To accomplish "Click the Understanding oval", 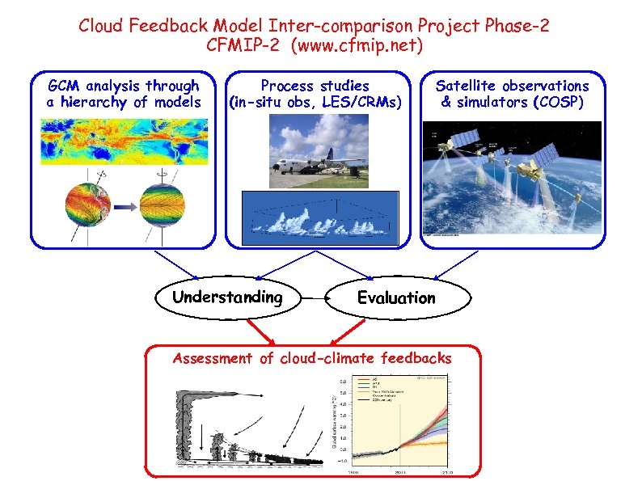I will pyautogui.click(x=227, y=297).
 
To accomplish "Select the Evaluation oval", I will pyautogui.click(x=396, y=298).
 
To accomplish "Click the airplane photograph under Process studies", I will pyautogui.click(x=322, y=148).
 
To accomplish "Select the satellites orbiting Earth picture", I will pyautogui.click(x=512, y=179).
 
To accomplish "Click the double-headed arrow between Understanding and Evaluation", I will pyautogui.click(x=312, y=298).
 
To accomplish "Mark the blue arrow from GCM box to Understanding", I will pyautogui.click(x=175, y=264).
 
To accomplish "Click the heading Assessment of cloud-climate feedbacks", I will pyautogui.click(x=312, y=358).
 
